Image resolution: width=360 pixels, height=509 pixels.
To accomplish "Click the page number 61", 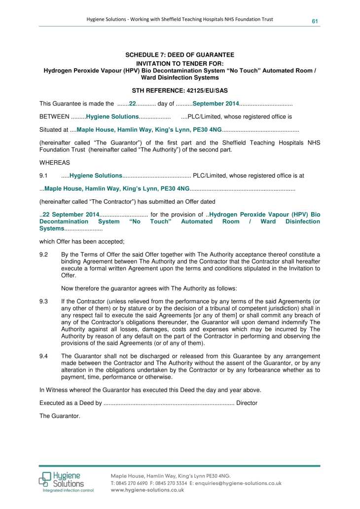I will click(x=314, y=20).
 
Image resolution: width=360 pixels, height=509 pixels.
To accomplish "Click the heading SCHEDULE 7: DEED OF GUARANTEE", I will click(x=180, y=55).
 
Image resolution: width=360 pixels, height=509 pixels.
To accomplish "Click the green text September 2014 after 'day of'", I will click(x=216, y=104).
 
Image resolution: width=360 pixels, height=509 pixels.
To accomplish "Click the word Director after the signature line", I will click(x=247, y=403).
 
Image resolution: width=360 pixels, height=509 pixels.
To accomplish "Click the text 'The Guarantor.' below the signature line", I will click(x=60, y=416).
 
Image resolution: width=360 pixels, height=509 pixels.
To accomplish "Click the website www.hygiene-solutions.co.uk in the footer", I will click(x=147, y=490).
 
